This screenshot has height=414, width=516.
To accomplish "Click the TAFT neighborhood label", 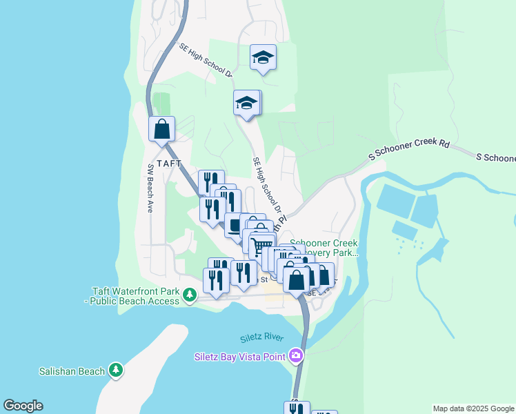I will point(168,164).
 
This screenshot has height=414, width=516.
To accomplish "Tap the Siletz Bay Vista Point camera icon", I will point(296,355).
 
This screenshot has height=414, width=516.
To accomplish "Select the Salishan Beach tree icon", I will point(116,371).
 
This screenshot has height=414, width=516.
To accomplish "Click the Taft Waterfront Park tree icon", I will point(189,295).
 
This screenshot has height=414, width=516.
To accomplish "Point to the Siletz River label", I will point(262,338).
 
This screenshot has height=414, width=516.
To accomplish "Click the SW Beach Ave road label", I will point(150,188).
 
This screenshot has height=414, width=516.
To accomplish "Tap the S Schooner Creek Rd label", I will point(409,150).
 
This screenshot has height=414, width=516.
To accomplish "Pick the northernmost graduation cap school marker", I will point(263,57).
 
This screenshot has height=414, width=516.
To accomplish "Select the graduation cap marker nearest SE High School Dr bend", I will point(246,103).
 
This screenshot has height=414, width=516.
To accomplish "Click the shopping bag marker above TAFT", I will point(161,128).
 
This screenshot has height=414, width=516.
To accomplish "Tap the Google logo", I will point(23,406).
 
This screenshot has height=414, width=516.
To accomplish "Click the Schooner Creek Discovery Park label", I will point(324,248).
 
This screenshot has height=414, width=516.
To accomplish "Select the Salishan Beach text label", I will point(72,371).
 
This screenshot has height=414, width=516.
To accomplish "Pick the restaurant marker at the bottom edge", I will point(296,408).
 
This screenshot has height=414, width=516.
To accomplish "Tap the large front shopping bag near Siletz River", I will point(296,280).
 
